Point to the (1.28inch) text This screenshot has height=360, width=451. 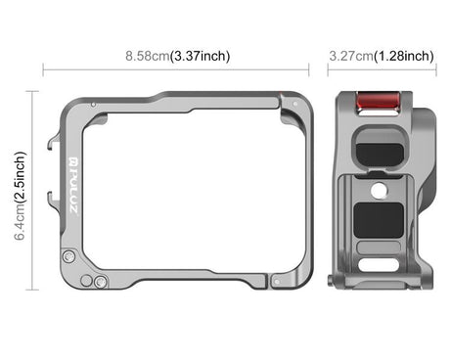(x=405, y=56)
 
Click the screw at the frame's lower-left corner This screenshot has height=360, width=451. (x=68, y=256)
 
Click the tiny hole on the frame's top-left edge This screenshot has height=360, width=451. (x=93, y=102)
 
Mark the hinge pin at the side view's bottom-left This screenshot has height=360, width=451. (x=339, y=282)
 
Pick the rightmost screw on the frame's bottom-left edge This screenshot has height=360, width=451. (x=101, y=281)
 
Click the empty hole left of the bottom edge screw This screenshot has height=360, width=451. (x=86, y=280)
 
